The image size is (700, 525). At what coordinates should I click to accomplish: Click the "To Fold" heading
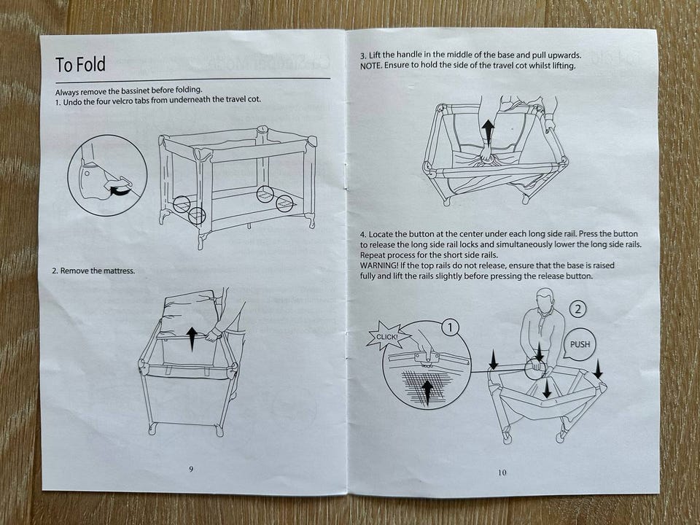click(80, 64)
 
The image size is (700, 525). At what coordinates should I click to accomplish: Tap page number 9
click(191, 469)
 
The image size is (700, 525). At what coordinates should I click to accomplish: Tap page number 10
click(502, 472)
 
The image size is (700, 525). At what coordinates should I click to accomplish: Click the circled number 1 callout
click(450, 328)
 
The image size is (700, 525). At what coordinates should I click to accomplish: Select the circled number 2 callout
click(578, 309)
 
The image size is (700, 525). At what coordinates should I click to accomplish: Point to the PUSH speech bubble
click(580, 344)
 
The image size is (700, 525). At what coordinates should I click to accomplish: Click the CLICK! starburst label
click(386, 336)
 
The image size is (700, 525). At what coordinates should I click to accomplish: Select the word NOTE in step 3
click(370, 66)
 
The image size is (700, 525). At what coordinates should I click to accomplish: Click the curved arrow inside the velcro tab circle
click(120, 191)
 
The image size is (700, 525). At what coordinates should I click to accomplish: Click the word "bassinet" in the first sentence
click(134, 92)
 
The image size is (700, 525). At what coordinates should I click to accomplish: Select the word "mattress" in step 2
click(119, 271)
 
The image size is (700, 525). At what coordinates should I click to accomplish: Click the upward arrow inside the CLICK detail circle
click(427, 393)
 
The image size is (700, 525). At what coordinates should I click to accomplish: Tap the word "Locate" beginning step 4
click(381, 234)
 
